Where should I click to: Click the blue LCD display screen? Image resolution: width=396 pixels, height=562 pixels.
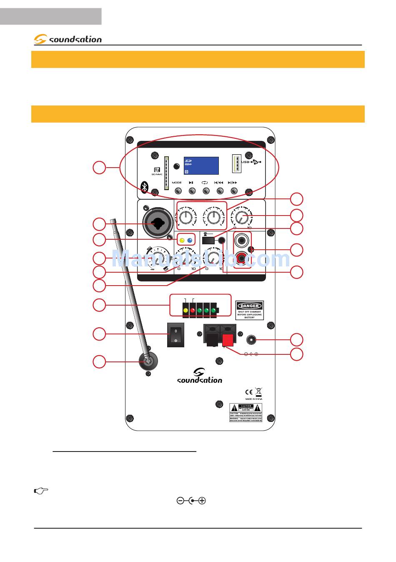click(x=201, y=166)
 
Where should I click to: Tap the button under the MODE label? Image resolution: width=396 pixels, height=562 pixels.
click(x=178, y=191)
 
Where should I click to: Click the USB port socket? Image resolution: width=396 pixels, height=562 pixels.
click(x=236, y=163)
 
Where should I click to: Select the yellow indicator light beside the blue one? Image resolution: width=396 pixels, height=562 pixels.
click(x=182, y=240)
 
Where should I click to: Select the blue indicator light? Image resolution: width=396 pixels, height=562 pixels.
click(x=190, y=240)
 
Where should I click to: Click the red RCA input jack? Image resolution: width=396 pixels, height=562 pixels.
click(x=242, y=259)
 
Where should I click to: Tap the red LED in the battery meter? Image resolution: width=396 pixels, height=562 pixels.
click(x=193, y=311)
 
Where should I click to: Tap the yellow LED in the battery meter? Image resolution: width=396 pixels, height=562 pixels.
click(x=185, y=311)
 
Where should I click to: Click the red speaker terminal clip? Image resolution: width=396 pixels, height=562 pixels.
click(x=228, y=340)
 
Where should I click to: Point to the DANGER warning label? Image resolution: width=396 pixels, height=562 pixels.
click(x=249, y=310)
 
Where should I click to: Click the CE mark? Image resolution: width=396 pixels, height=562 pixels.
click(x=248, y=392)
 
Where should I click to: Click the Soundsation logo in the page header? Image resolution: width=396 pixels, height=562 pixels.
click(x=68, y=39)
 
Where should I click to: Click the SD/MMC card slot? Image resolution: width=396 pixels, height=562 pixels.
click(x=166, y=173)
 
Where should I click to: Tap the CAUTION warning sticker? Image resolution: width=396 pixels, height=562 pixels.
click(x=246, y=412)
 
